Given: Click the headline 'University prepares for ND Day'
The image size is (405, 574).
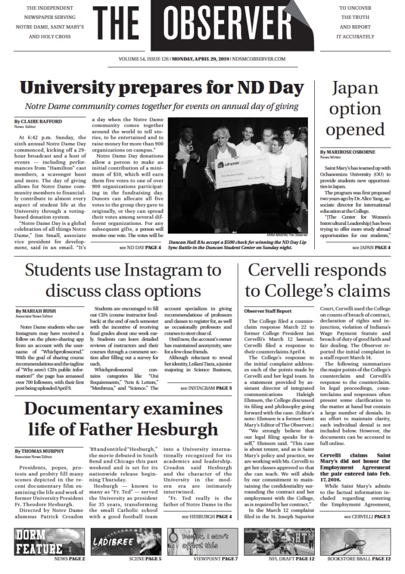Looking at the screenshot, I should point(162,88).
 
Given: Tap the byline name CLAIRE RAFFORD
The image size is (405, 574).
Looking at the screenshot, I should point(41,122).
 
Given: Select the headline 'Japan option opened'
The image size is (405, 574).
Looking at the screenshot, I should point(355,109).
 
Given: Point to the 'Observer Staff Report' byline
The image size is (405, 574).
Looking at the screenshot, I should point(268,311).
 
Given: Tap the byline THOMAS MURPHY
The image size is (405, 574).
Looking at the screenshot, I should point(43,451).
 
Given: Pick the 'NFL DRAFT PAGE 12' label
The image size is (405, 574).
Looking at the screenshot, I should point(291,559).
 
